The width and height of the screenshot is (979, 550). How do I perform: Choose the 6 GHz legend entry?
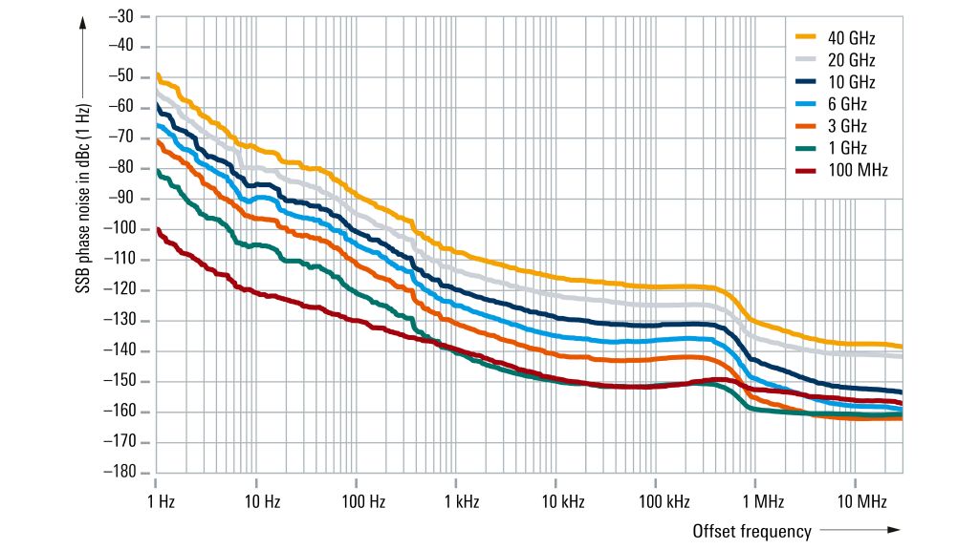(845, 104)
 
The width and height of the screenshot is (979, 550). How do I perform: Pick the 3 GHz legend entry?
(845, 126)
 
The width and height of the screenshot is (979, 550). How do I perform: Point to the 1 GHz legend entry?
(845, 148)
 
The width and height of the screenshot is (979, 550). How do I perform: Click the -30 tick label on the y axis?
(122, 16)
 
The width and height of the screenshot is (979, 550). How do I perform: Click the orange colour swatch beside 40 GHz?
(805, 38)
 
